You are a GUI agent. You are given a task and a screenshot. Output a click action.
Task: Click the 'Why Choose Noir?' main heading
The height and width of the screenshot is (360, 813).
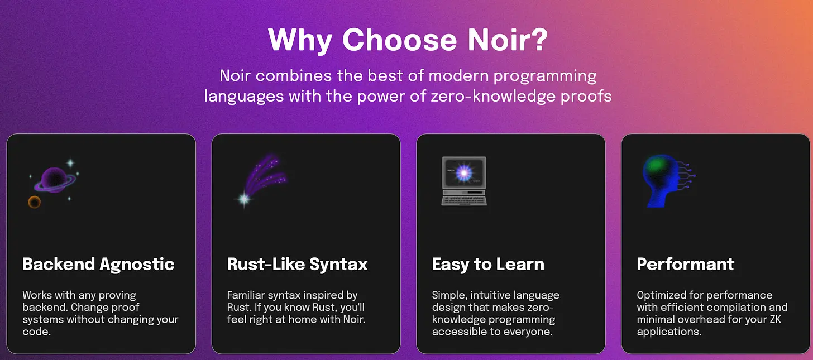pyautogui.click(x=408, y=40)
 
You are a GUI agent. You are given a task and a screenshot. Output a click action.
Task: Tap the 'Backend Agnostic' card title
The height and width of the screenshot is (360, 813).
pyautogui.click(x=98, y=265)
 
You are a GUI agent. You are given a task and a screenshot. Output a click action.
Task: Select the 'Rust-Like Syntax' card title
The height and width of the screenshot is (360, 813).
pyautogui.click(x=297, y=265)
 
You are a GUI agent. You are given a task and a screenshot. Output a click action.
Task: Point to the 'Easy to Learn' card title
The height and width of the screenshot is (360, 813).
pyautogui.click(x=488, y=264)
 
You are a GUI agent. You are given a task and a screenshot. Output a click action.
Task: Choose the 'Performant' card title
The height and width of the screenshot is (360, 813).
pyautogui.click(x=685, y=264)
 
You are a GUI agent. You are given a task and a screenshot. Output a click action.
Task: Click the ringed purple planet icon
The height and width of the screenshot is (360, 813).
pyautogui.click(x=55, y=180)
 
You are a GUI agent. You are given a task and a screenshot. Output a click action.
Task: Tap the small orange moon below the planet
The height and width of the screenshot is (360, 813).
pyautogui.click(x=35, y=202)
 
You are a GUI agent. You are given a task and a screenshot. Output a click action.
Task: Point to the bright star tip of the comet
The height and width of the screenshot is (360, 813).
pyautogui.click(x=244, y=199)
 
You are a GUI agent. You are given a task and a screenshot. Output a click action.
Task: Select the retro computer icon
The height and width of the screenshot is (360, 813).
pyautogui.click(x=464, y=181)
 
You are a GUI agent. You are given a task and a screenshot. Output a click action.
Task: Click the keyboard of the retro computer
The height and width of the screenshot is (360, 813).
pyautogui.click(x=464, y=200)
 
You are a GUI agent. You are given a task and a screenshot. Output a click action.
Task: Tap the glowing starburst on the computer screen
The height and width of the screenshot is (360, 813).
pyautogui.click(x=464, y=172)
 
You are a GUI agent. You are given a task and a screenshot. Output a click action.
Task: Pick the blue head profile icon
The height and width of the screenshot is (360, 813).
pyautogui.click(x=668, y=181)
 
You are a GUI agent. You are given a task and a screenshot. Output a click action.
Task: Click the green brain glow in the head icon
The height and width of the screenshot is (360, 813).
pyautogui.click(x=656, y=165)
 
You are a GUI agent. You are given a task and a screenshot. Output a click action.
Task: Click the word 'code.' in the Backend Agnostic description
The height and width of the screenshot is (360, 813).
pyautogui.click(x=36, y=332)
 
